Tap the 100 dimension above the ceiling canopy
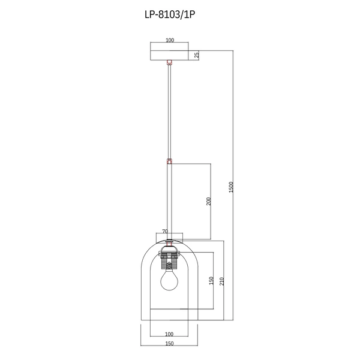point(169,40)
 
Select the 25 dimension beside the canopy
point(197,55)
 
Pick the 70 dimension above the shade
point(165,230)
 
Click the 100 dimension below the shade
point(169,334)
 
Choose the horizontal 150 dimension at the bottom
point(169,344)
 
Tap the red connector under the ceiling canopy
point(169,61)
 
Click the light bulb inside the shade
point(169,279)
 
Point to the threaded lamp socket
point(169,260)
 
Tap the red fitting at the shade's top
point(169,243)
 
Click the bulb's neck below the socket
point(169,269)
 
